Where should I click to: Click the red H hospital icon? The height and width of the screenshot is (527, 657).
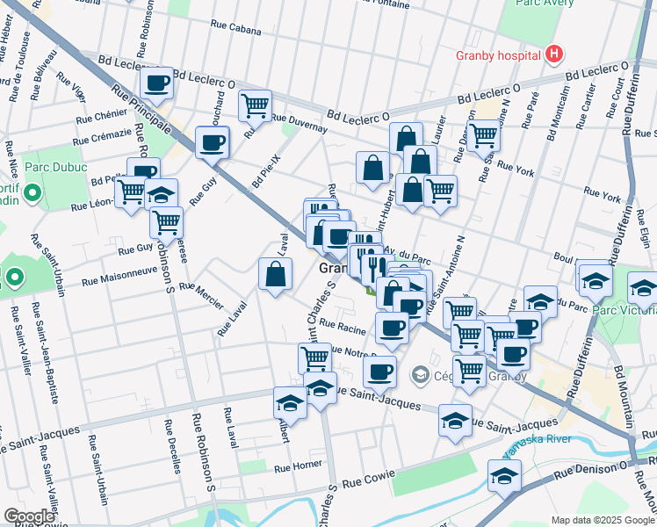[553, 55]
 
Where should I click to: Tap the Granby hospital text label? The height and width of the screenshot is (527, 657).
[497, 55]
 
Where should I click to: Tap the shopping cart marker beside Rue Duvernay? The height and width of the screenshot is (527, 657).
[255, 105]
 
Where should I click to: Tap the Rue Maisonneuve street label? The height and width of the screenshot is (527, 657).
[128, 282]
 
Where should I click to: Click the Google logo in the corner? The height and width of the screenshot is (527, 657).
[29, 516]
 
